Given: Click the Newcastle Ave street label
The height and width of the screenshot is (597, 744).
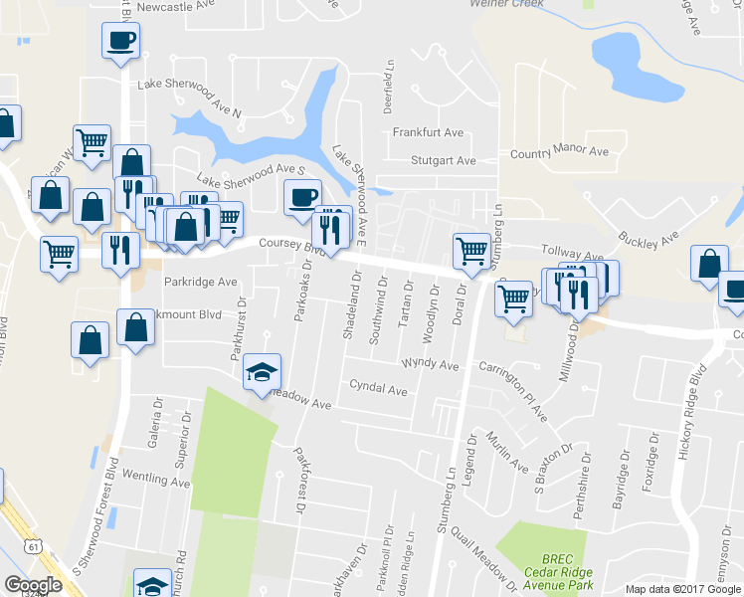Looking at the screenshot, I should coord(177,7).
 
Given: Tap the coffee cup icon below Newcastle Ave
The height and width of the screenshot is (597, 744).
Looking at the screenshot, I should coord(120,41).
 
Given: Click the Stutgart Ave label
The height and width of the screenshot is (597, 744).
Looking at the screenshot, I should coord(443,160).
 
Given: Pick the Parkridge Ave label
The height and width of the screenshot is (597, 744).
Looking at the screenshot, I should coord(201,282).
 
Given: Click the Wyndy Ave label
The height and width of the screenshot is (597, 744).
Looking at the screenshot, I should coord(430,365).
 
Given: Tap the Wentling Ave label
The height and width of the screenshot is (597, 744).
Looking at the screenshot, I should coord(156,482).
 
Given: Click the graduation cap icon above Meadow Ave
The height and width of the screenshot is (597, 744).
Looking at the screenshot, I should coord(263,372).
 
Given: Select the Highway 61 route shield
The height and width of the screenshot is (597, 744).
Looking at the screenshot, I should coord(35,546).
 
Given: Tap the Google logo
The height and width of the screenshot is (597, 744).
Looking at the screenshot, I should coord(34,584).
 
